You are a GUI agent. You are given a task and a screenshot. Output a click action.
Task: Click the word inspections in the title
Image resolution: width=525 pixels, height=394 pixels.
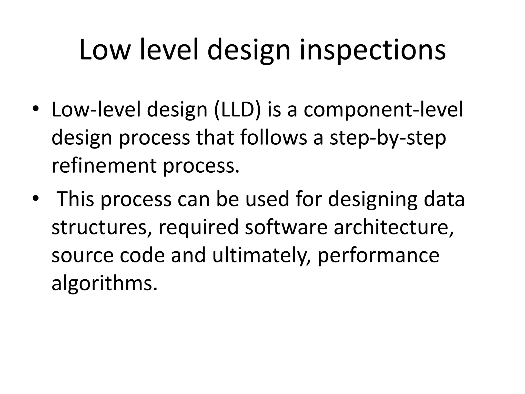(372, 50)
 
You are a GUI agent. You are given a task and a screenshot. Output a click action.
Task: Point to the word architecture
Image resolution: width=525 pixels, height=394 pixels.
(393, 227)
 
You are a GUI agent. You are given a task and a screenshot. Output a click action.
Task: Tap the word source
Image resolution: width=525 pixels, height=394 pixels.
(82, 255)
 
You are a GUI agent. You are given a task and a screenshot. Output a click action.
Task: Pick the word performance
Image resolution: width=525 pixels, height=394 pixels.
(378, 255)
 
